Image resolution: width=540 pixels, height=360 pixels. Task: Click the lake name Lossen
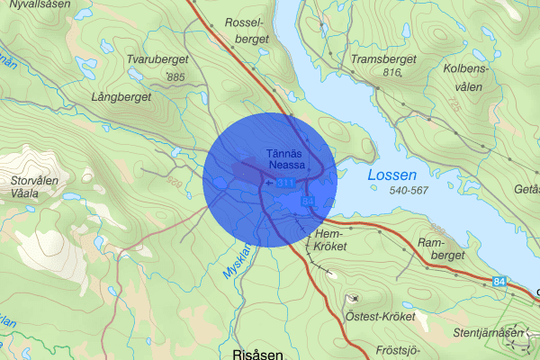pos(391,175)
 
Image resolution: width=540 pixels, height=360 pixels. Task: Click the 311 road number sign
pos(285,183)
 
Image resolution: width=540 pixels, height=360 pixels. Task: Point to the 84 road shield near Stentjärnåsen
pos(499,283)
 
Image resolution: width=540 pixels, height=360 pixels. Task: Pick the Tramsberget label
pos(384,59)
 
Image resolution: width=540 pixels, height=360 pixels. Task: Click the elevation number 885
pos(175,78)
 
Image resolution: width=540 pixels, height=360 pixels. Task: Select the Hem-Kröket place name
pos(332,238)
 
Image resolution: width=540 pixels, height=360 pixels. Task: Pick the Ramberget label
pos(441,249)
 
